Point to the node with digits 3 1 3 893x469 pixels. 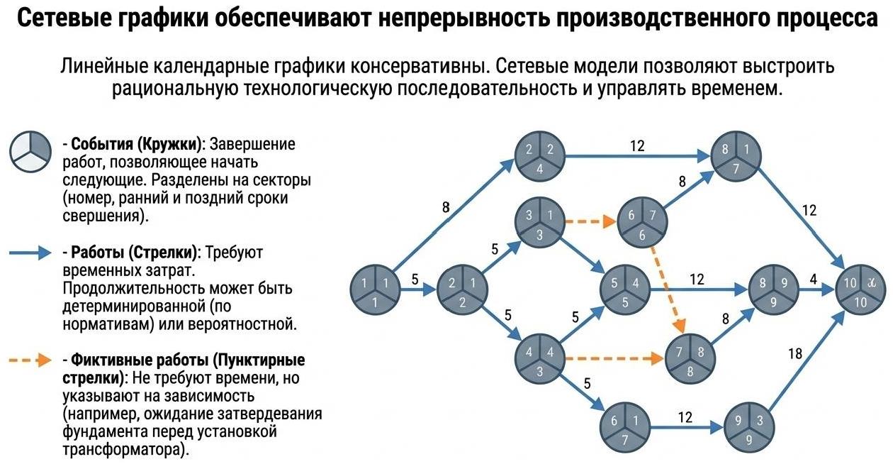pyautogui.click(x=539, y=223)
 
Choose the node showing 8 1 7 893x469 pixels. pyautogui.click(x=736, y=157)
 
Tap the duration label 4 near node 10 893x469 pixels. pyautogui.click(x=814, y=280)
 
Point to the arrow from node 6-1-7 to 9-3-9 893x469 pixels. pyautogui.click(x=685, y=428)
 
